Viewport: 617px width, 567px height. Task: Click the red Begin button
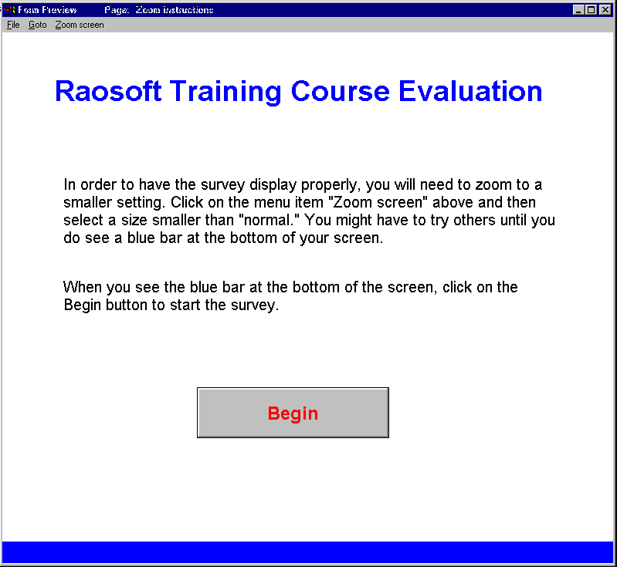[x=293, y=413]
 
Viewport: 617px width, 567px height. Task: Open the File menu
[x=13, y=25]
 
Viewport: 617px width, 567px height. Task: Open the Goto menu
[x=37, y=25]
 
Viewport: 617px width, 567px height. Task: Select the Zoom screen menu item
[x=80, y=25]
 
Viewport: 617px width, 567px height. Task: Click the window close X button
[x=605, y=10]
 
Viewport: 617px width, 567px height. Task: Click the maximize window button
[x=591, y=10]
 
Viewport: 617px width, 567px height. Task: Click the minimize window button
[x=578, y=10]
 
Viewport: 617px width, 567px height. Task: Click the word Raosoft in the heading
[x=108, y=91]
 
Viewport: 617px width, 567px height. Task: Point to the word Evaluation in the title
[x=470, y=91]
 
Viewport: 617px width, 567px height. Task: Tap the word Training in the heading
[x=225, y=92]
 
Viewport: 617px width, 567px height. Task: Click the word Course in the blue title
[x=340, y=91]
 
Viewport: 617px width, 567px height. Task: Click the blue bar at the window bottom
[x=307, y=552]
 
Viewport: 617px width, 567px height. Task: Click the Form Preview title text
[x=47, y=10]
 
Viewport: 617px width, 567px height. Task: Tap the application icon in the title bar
[x=9, y=10]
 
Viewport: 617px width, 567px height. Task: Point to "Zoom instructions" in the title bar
[x=175, y=10]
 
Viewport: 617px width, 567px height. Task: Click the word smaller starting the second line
[x=88, y=202]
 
